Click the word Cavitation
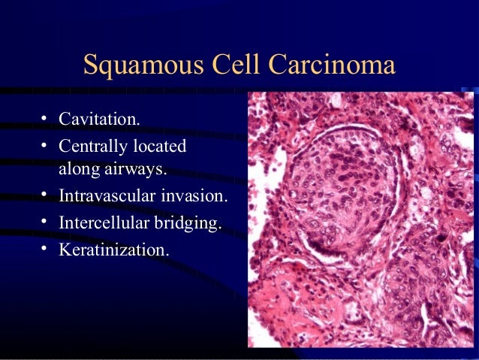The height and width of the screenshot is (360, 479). tap(99, 119)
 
